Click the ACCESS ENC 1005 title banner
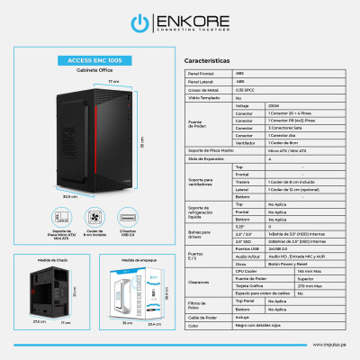click(x=89, y=61)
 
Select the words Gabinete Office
click(x=88, y=70)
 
